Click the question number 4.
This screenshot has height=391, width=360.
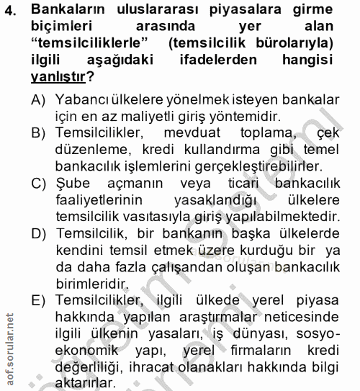point(10,14)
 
